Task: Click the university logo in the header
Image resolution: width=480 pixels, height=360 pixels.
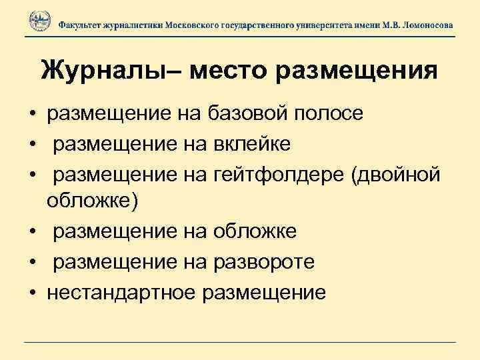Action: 40,22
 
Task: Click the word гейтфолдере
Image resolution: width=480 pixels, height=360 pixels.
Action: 279,173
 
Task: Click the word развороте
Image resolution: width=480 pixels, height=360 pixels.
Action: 263,262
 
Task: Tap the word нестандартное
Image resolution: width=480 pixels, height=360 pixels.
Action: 121,292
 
